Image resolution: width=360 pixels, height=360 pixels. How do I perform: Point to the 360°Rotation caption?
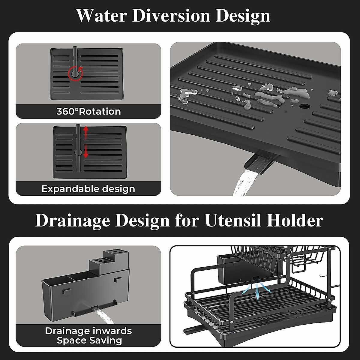pos(88,112)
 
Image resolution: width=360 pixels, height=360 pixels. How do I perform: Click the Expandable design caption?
pos(88,189)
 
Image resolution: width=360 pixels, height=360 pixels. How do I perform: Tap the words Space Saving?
pos(89,340)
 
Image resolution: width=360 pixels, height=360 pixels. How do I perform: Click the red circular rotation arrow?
pos(75,73)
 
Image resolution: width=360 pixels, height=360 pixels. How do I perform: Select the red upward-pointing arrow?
pos(86,132)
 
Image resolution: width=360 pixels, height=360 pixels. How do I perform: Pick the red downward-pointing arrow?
pos(86,151)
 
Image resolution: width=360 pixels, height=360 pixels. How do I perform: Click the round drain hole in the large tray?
pos(305,106)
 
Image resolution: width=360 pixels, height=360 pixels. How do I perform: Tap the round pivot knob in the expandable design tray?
pos(78,152)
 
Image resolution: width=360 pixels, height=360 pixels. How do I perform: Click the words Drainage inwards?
pos(88,331)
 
